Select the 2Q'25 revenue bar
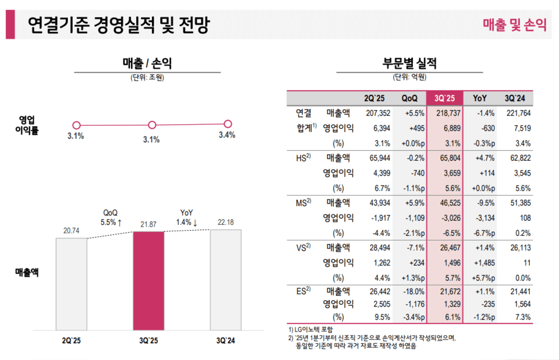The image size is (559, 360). click(x=71, y=284)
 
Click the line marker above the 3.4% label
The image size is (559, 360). click(x=228, y=123)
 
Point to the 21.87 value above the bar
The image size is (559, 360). click(x=148, y=225)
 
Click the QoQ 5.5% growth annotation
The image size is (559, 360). click(x=111, y=218)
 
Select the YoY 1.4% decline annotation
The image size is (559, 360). click(x=187, y=218)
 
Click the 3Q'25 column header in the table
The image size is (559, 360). click(x=444, y=98)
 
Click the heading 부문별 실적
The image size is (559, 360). click(x=409, y=63)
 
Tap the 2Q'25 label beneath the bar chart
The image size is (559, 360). click(x=71, y=340)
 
